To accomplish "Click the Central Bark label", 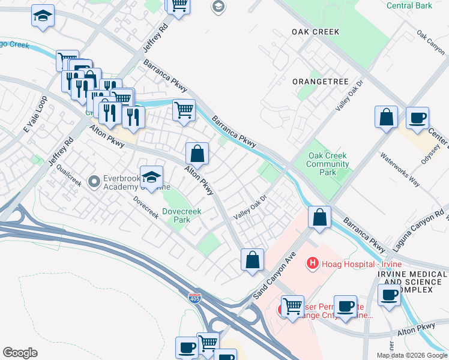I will pyautogui.click(x=410, y=6).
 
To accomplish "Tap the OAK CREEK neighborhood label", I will pyautogui.click(x=315, y=32).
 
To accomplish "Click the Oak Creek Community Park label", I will pyautogui.click(x=327, y=164).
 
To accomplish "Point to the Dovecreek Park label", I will pyautogui.click(x=181, y=215).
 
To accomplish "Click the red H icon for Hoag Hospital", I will pyautogui.click(x=312, y=263).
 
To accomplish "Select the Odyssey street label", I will pyautogui.click(x=429, y=152).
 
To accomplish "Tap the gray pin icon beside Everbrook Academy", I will pyautogui.click(x=93, y=181).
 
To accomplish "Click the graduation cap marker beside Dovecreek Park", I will pyautogui.click(x=152, y=176).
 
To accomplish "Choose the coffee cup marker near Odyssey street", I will pyautogui.click(x=417, y=118).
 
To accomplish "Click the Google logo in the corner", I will pyautogui.click(x=20, y=353).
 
